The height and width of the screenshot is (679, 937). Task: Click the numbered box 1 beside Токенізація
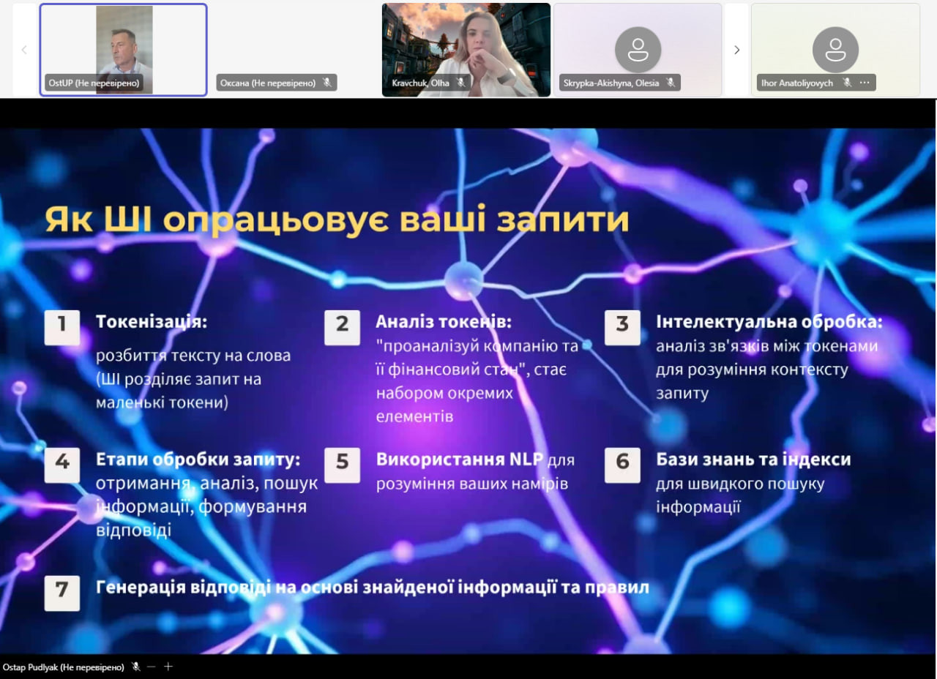(x=62, y=327)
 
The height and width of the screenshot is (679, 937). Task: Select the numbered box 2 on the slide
(x=342, y=327)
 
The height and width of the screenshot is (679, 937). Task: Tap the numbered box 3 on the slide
(x=622, y=327)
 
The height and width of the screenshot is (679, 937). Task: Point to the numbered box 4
(x=62, y=465)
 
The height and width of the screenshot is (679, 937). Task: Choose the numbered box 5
(x=342, y=465)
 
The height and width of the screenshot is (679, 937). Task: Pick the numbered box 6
(x=622, y=465)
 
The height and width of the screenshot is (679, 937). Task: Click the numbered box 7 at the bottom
(x=62, y=593)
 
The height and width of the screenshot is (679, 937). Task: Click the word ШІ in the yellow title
(x=127, y=219)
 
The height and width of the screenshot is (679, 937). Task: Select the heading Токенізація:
(x=152, y=322)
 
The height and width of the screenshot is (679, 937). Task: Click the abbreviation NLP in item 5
(x=526, y=459)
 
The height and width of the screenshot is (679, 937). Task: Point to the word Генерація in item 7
(x=140, y=588)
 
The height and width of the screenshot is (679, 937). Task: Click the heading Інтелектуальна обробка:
(x=769, y=321)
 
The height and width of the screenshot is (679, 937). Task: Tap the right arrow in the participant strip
(x=736, y=50)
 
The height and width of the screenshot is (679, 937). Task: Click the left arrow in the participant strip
(x=24, y=50)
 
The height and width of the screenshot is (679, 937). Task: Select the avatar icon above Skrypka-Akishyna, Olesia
(x=638, y=50)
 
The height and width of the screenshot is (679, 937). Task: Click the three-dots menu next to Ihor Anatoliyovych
(x=865, y=83)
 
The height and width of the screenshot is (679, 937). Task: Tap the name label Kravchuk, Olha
(x=420, y=83)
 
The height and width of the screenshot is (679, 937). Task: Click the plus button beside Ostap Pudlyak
(x=168, y=666)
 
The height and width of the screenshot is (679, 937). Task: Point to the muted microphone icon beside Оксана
(x=327, y=83)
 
